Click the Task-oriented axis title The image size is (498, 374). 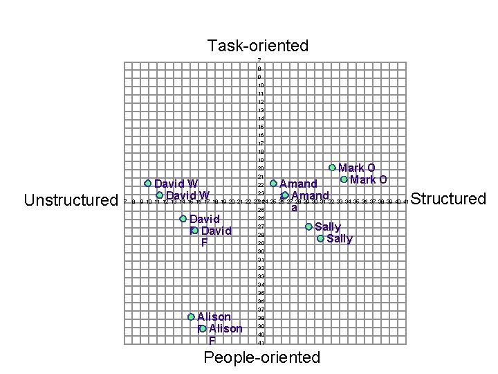(x=257, y=46)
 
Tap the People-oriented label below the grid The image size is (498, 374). (x=261, y=357)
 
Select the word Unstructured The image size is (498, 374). (x=71, y=201)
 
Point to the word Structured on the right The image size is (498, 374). (x=448, y=199)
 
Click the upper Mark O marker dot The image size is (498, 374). (x=332, y=168)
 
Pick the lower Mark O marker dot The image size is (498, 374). (x=344, y=180)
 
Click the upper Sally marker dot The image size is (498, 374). (x=308, y=226)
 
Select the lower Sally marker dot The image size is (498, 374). (x=320, y=239)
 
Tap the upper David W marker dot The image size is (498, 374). (x=147, y=184)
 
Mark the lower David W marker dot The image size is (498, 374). (x=159, y=196)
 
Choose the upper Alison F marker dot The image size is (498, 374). (x=191, y=317)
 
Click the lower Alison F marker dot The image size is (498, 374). (x=203, y=329)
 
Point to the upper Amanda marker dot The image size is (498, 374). (x=273, y=184)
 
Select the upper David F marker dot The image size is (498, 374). (x=183, y=219)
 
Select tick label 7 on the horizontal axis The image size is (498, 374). (x=124, y=202)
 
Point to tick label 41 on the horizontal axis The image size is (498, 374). (x=406, y=202)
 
